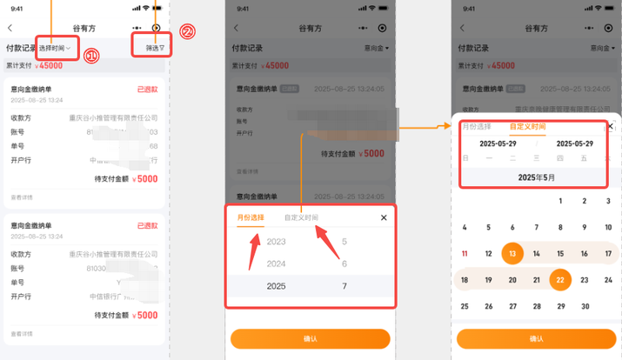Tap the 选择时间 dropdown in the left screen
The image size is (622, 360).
55,47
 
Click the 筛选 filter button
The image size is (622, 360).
154,47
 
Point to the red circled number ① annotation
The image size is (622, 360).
91,56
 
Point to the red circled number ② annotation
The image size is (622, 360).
186,32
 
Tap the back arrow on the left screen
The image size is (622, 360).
10,28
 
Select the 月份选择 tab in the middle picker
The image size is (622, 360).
251,217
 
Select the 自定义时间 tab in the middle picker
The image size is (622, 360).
301,217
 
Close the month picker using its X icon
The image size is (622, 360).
384,217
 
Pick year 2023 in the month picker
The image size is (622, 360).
277,242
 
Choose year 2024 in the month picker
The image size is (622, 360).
277,263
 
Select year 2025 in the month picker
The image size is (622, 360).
277,285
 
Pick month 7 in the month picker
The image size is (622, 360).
344,285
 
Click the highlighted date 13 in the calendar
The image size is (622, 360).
512,254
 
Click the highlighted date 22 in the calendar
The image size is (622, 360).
560,280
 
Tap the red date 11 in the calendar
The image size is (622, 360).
465,254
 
